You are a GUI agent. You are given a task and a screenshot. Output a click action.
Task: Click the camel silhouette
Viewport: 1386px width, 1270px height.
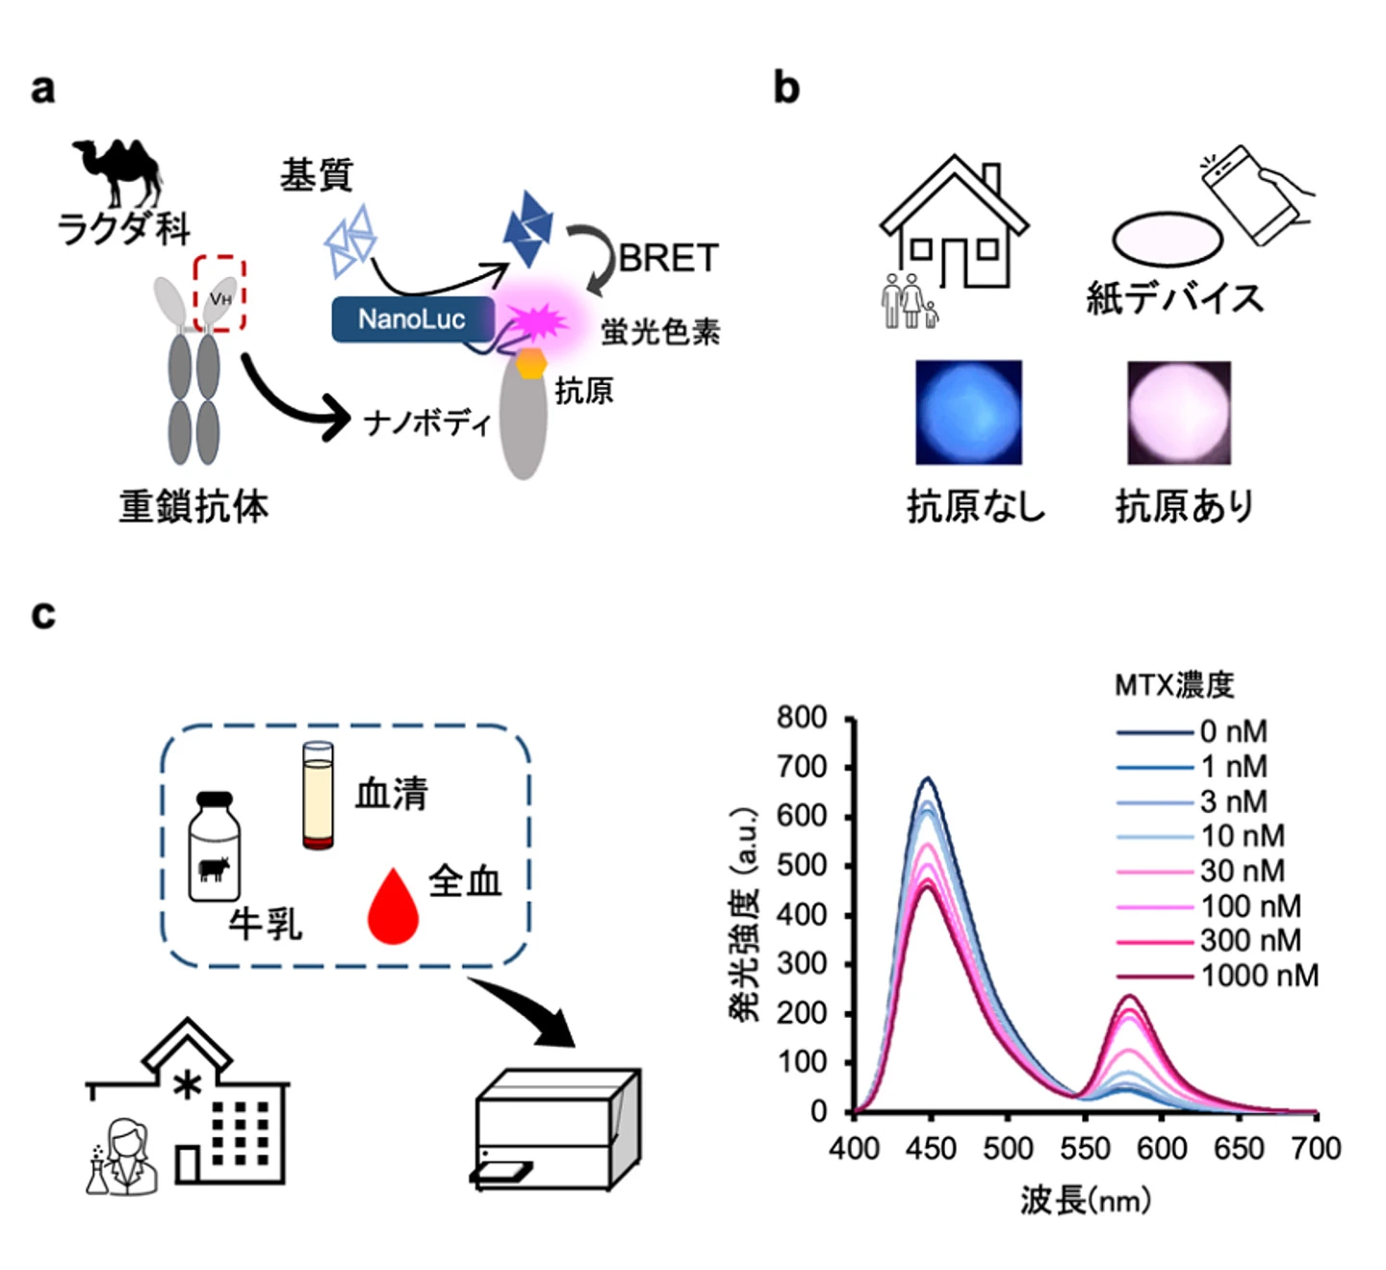117,171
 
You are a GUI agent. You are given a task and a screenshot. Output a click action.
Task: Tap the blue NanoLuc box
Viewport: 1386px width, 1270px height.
412,319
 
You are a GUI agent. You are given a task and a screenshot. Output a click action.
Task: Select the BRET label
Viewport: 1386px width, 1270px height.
668,258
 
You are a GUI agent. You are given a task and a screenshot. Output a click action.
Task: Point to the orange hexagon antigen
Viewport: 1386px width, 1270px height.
530,364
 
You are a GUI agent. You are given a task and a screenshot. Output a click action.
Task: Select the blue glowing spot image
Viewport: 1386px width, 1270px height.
968,412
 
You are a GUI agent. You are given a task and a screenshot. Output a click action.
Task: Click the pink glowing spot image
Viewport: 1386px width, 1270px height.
1178,412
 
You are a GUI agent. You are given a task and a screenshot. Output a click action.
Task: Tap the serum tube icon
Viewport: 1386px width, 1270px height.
318,795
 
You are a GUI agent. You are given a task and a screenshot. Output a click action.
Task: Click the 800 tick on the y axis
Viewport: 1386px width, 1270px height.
802,718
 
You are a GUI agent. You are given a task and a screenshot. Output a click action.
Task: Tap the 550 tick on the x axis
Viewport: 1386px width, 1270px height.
1085,1148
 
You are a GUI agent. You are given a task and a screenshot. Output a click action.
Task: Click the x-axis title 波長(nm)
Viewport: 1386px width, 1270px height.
1085,1200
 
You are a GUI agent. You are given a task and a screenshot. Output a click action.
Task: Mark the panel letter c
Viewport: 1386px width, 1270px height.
43,614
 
